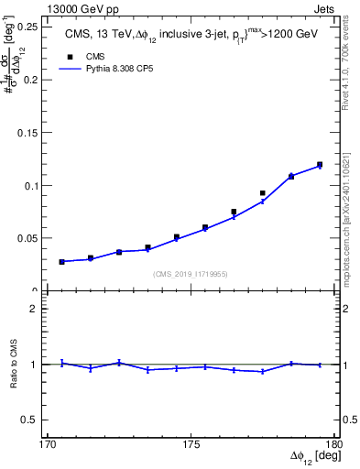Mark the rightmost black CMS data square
[x=320, y=165]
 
